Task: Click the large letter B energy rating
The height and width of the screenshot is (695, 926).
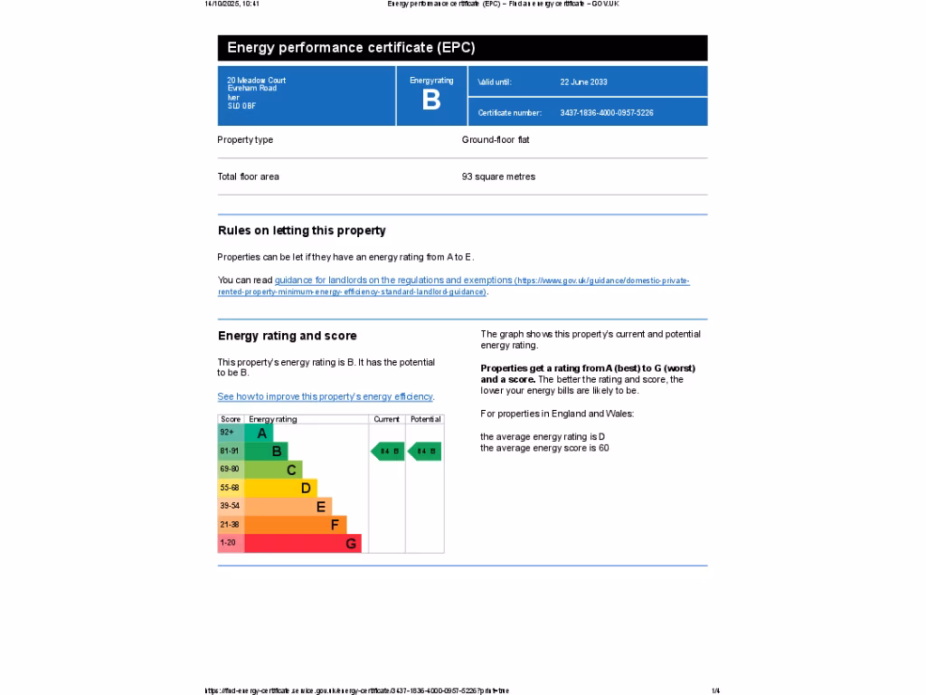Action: point(431,100)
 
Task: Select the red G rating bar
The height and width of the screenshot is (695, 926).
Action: point(302,544)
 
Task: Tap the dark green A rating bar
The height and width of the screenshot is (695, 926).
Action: point(258,433)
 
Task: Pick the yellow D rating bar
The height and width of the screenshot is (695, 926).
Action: point(280,489)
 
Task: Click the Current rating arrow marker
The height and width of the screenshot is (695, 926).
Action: point(388,451)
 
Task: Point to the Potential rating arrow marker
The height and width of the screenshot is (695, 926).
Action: point(425,451)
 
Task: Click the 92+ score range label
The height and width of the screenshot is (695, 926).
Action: point(227,433)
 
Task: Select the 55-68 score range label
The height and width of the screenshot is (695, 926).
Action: point(230,488)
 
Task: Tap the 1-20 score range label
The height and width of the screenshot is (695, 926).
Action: point(228,543)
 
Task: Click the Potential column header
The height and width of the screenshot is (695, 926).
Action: point(425,419)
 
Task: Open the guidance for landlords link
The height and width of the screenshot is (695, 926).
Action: point(393,281)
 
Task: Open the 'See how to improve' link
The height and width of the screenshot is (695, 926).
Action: point(326,396)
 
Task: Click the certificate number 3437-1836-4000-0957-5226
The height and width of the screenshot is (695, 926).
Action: point(607,113)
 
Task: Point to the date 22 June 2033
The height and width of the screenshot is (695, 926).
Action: point(583,82)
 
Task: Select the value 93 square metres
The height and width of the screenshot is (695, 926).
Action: point(498,176)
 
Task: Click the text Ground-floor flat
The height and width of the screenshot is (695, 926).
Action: point(496,140)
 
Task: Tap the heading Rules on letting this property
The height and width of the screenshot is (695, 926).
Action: point(302,231)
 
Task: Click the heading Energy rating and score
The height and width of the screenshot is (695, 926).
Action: point(288,336)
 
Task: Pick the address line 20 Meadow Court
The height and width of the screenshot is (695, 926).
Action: point(257,81)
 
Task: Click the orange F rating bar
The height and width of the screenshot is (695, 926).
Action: point(295,525)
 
